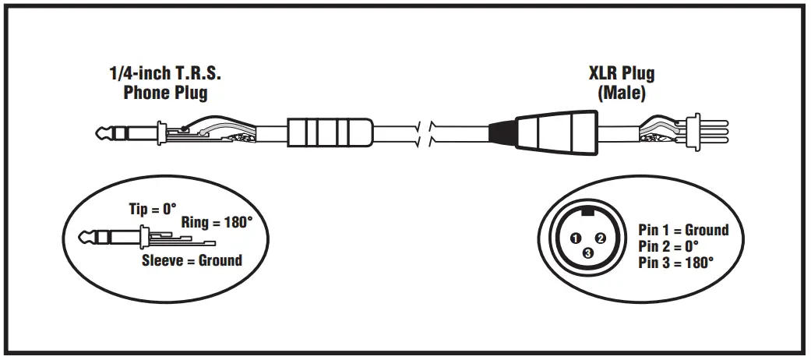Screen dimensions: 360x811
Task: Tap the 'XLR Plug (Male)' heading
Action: point(621,83)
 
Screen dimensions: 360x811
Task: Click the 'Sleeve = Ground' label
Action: point(192,260)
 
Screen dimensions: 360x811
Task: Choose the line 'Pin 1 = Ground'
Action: point(683,230)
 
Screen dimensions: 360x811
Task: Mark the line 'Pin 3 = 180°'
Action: point(675,263)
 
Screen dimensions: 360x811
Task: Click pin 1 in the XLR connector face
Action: point(576,237)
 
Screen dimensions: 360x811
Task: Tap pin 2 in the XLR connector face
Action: point(601,237)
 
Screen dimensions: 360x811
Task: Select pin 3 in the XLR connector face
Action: point(588,252)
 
